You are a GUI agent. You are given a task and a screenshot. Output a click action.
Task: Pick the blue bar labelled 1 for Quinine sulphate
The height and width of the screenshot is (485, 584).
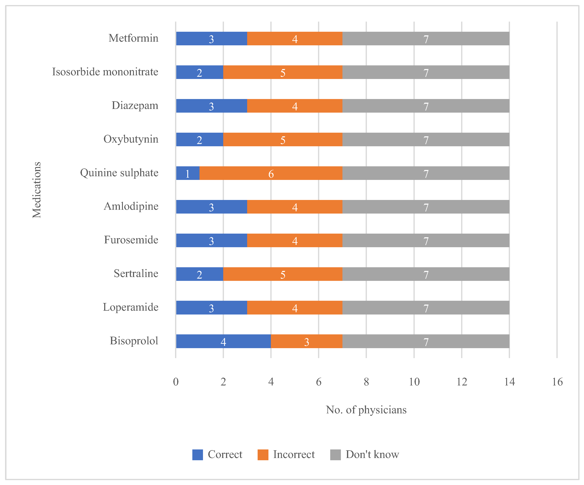(188, 173)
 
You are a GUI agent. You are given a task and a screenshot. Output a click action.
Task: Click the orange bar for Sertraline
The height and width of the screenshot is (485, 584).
(283, 274)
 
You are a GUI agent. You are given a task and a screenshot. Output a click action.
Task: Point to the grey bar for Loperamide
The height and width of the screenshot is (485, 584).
(426, 308)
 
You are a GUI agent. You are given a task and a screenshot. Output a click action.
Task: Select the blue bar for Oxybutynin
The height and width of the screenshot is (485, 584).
(199, 139)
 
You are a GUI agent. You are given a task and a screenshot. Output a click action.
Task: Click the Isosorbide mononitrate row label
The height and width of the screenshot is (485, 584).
(105, 72)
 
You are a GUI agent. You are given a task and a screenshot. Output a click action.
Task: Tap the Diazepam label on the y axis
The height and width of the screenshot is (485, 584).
(135, 105)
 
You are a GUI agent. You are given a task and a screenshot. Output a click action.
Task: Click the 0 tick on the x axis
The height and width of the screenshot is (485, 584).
(176, 382)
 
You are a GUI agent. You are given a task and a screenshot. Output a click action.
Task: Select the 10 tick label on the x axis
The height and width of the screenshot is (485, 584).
(414, 382)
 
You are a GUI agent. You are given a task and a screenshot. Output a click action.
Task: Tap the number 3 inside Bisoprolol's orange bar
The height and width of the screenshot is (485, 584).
(306, 342)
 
